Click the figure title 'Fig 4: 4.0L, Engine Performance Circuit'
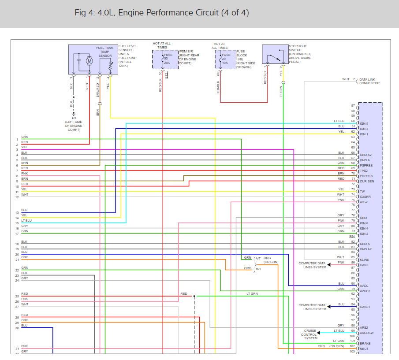[x=161, y=13]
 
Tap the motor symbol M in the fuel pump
[x=89, y=60]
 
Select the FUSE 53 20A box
[x=165, y=59]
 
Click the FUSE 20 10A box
[x=225, y=59]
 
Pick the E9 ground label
[x=73, y=119]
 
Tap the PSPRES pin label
[x=366, y=166]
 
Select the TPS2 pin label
[x=364, y=171]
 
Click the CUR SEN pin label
[x=367, y=182]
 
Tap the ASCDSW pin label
[x=367, y=333]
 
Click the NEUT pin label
[x=364, y=349]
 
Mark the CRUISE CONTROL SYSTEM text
[x=310, y=334]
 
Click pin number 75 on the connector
[x=353, y=200]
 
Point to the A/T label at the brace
[x=258, y=258]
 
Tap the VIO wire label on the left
[x=24, y=147]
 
